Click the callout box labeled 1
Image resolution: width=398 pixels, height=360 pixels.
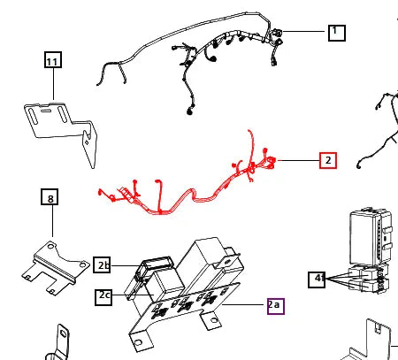click(x=337, y=33)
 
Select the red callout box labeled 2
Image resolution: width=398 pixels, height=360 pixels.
click(x=328, y=160)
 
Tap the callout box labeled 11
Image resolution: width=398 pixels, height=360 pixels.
click(x=53, y=59)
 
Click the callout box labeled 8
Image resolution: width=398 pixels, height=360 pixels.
click(x=50, y=196)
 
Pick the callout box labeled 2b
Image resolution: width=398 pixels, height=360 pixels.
click(x=102, y=265)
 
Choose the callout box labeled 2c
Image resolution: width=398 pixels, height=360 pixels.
click(x=103, y=297)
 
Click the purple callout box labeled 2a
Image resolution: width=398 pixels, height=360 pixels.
click(x=276, y=306)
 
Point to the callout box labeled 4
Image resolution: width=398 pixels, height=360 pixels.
click(x=317, y=280)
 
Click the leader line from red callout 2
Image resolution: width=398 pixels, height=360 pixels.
click(x=299, y=160)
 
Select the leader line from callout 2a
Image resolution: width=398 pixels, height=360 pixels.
click(x=245, y=304)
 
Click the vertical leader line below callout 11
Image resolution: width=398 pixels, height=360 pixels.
click(x=53, y=84)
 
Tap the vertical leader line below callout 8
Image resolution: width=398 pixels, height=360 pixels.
click(x=52, y=220)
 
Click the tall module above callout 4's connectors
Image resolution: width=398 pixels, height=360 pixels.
click(x=371, y=237)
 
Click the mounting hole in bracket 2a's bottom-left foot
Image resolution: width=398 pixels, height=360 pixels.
click(x=138, y=343)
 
